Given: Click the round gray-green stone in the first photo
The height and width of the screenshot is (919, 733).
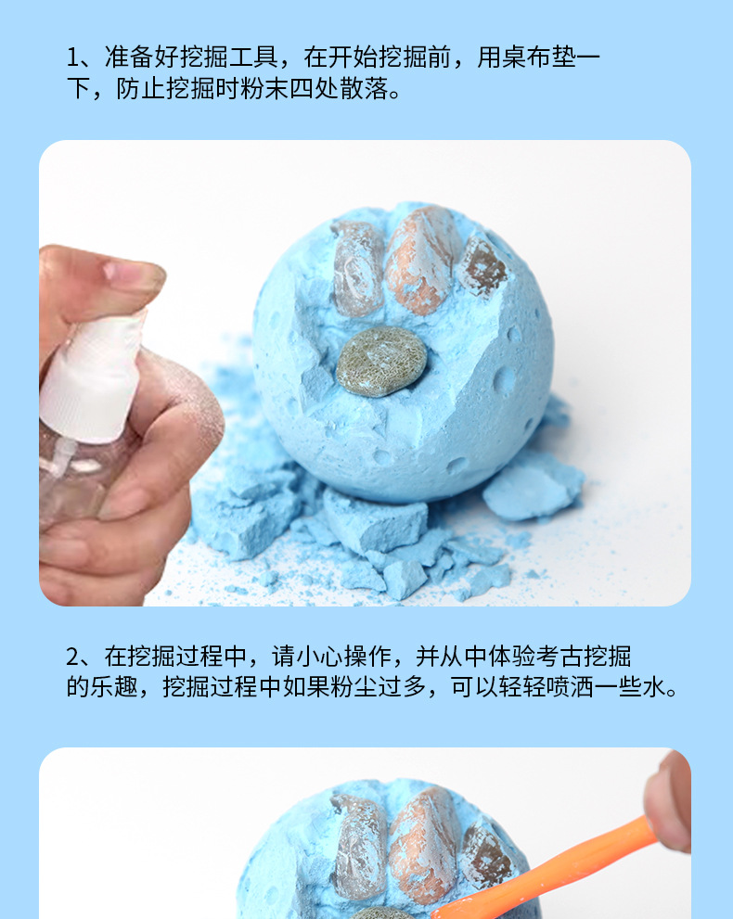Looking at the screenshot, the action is (381, 361).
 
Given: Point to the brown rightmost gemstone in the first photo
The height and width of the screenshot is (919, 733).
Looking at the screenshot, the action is (482, 267).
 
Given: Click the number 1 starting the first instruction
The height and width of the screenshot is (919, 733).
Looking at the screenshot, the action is (72, 57).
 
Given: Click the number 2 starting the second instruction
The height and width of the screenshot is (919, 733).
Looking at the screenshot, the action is (72, 657).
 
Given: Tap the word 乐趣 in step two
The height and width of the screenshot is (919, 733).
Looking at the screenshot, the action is (114, 687).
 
